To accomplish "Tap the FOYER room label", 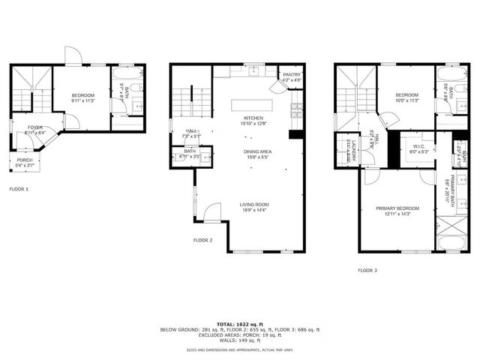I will click(35, 127).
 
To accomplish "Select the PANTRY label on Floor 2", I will click(291, 74).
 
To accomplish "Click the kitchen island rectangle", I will click(252, 103).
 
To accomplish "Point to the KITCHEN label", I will click(252, 118).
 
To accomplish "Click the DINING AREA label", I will click(256, 152).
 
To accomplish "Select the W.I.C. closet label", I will click(418, 146).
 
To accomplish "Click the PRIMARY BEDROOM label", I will click(397, 208).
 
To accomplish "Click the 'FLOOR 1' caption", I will click(19, 189).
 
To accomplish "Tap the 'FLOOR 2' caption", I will click(202, 240).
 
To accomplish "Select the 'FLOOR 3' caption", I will click(367, 270).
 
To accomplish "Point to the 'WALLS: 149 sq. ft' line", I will click(240, 340).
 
